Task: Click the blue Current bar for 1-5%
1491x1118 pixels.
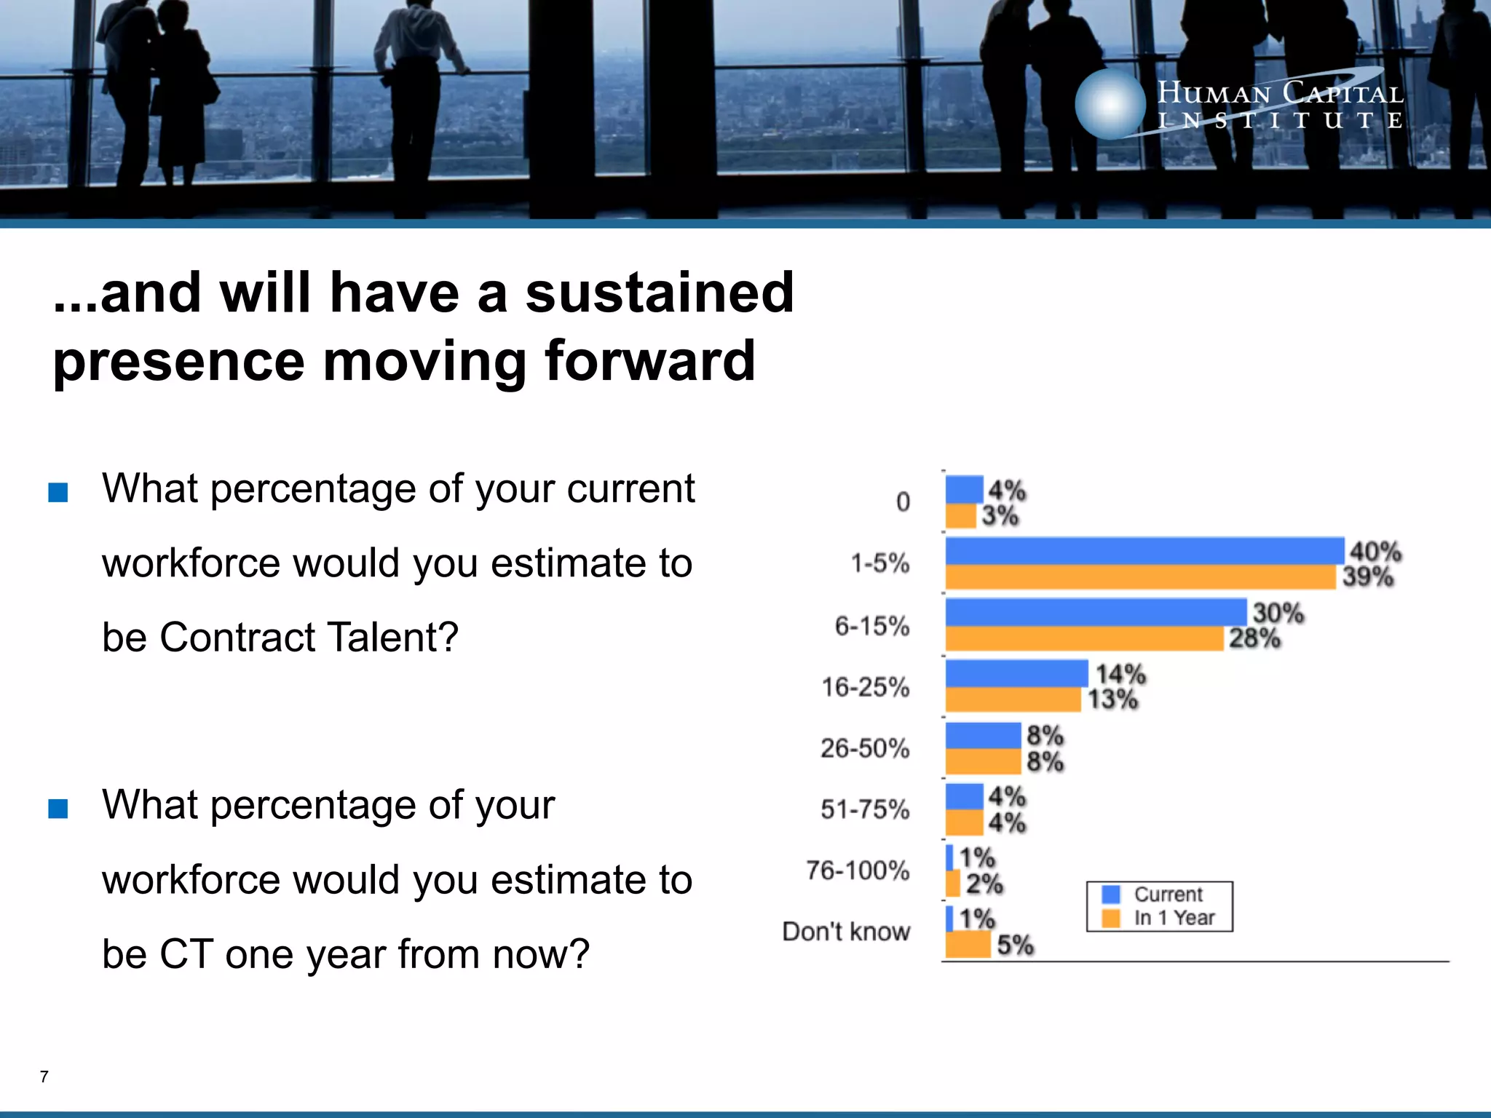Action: [x=1144, y=550]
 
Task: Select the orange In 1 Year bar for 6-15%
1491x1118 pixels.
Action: [x=1085, y=638]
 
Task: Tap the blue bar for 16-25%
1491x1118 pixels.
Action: [x=1016, y=673]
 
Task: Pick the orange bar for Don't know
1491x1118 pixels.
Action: [x=968, y=944]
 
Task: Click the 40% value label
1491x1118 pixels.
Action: [x=1375, y=551]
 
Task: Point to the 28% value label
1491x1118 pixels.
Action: [x=1254, y=638]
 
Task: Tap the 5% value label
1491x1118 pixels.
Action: [x=1015, y=945]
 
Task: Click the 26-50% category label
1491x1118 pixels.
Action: [x=865, y=748]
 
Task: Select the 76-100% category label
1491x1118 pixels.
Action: [x=858, y=870]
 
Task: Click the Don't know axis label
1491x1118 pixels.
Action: [x=846, y=932]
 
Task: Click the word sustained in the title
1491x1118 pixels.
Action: [x=660, y=293]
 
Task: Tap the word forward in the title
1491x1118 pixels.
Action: [x=650, y=360]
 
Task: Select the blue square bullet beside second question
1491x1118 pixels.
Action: [x=58, y=809]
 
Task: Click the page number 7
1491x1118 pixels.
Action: [x=44, y=1077]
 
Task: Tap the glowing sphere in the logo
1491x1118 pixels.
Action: [x=1110, y=104]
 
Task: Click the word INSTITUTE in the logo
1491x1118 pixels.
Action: [x=1280, y=121]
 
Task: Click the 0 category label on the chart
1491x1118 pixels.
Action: [x=903, y=501]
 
